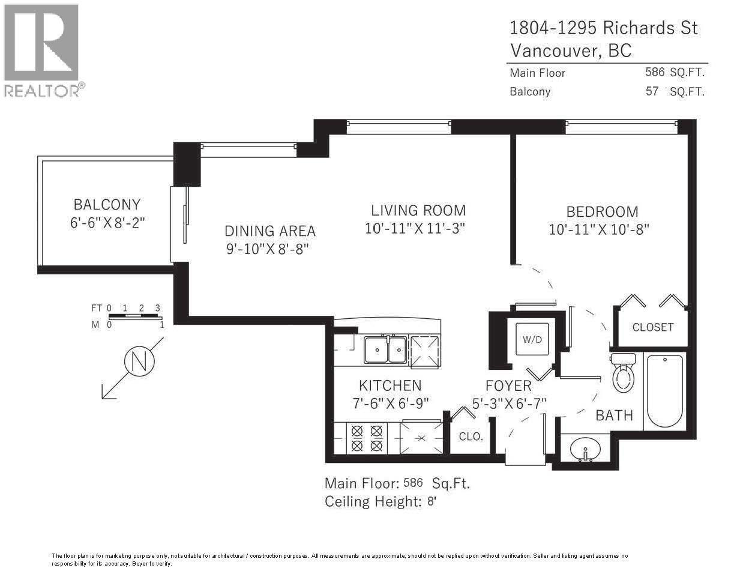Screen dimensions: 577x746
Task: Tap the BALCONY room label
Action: click(x=107, y=204)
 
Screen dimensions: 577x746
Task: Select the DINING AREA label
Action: click(x=269, y=231)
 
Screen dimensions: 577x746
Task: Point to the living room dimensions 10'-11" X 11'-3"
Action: click(x=415, y=229)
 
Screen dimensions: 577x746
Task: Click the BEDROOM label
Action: click(x=602, y=211)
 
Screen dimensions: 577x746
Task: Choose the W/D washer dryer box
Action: click(x=532, y=339)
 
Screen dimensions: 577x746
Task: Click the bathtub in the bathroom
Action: click(x=664, y=391)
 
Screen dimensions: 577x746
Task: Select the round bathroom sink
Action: click(x=585, y=449)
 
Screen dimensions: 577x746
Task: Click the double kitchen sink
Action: click(x=386, y=350)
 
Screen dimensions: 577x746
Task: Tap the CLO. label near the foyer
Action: click(x=471, y=437)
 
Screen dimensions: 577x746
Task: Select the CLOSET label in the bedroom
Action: click(x=652, y=327)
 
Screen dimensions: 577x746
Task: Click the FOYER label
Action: click(x=508, y=386)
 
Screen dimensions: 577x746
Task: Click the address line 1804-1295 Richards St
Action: click(x=603, y=28)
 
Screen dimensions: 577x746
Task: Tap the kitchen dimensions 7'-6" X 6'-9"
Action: click(x=391, y=403)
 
